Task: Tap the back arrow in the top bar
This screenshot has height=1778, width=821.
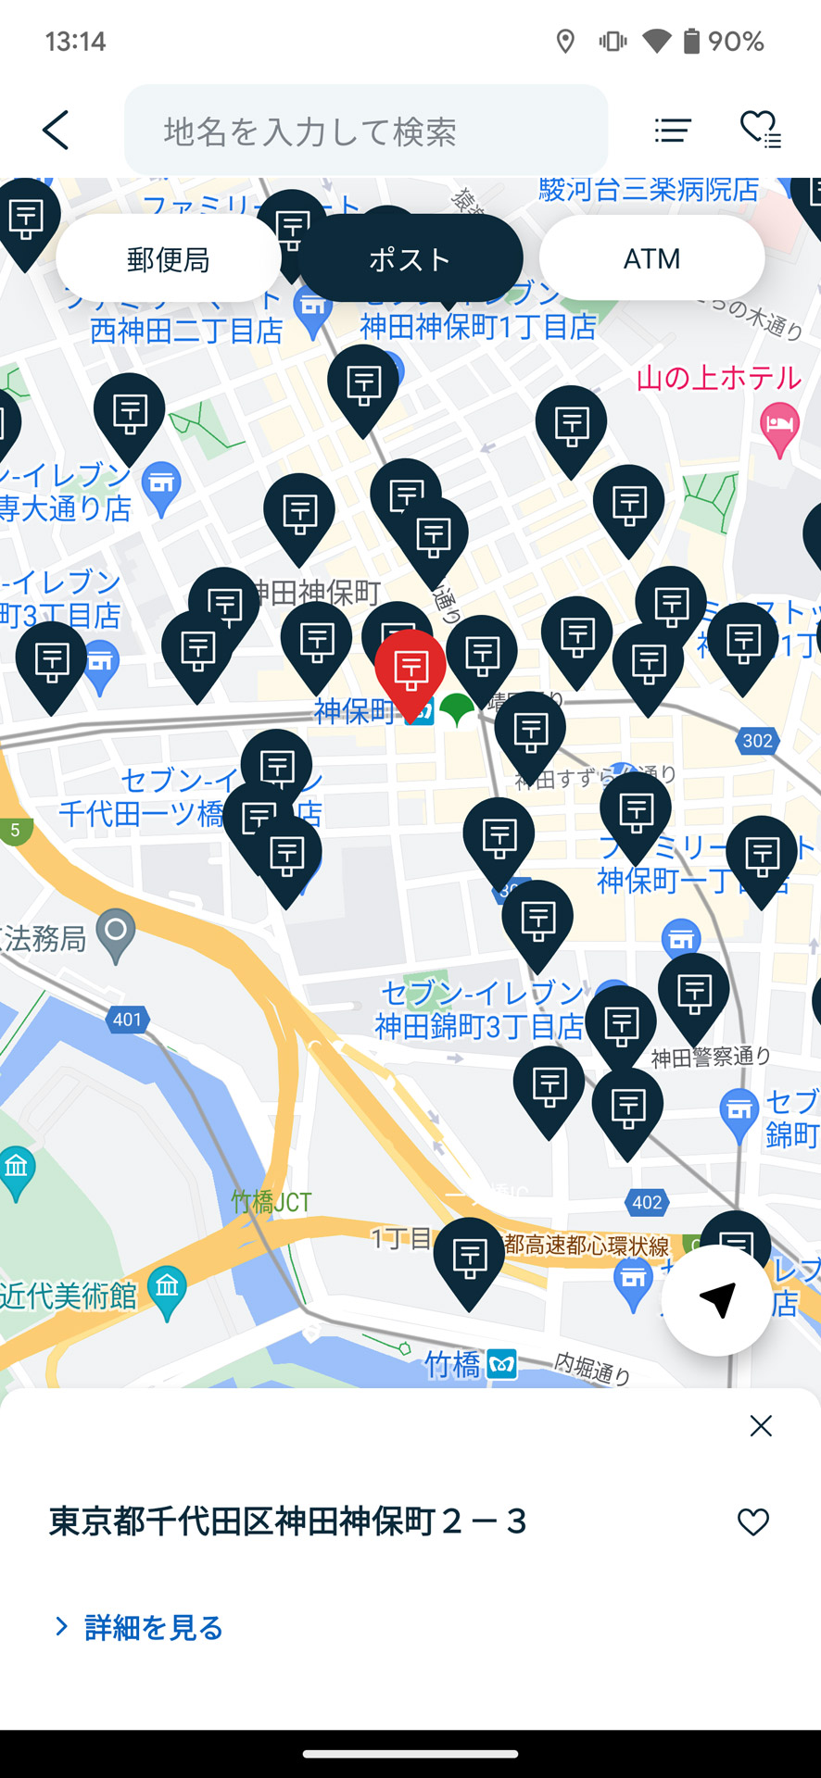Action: pos(56,130)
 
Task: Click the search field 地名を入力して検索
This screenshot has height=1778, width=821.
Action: pos(366,131)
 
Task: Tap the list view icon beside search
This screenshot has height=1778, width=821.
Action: pos(673,131)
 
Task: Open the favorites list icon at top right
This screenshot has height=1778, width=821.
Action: pos(760,130)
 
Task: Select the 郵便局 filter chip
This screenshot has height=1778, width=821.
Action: pos(168,259)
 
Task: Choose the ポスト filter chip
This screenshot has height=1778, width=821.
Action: pos(410,259)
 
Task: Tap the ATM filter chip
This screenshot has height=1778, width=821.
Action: pos(651,258)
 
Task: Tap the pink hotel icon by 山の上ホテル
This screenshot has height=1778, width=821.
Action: pos(779,426)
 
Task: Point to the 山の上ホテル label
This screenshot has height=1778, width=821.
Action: pos(718,378)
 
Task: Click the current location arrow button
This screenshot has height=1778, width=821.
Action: pos(716,1300)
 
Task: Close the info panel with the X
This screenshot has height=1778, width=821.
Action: pos(761,1426)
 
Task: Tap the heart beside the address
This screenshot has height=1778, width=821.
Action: pos(752,1521)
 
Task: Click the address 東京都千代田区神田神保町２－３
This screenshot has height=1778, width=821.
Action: pos(287,1521)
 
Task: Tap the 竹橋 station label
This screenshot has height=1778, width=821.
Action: pos(453,1364)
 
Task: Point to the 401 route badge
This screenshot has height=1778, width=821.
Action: pos(127,1020)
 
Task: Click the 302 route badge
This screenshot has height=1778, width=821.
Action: pos(757,741)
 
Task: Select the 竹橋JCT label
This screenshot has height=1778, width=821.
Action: pos(271,1202)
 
